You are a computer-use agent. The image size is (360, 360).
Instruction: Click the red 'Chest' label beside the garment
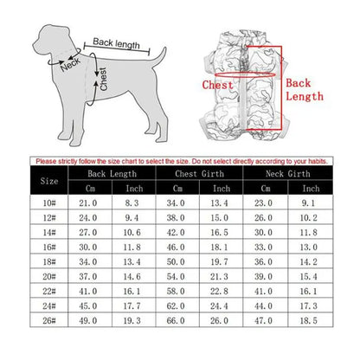217,85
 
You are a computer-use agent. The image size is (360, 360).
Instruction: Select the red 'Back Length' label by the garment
305,89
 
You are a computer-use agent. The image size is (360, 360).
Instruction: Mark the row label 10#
50,203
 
